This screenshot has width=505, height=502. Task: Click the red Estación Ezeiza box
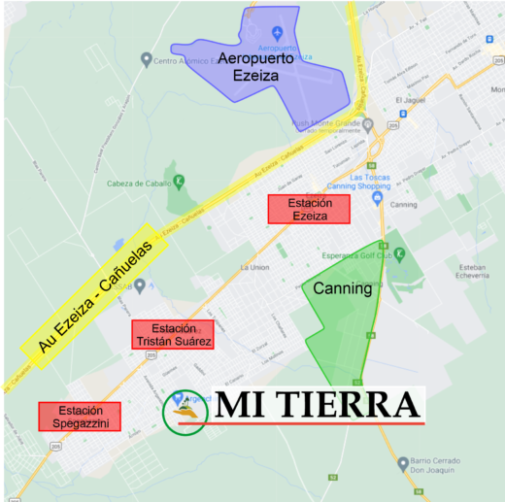[x=310, y=210]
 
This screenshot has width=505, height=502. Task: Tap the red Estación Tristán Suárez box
[x=173, y=334]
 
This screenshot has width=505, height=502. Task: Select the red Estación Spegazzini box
[x=80, y=417]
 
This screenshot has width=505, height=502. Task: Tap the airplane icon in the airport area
[x=277, y=35]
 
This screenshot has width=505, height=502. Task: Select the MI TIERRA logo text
[x=318, y=405]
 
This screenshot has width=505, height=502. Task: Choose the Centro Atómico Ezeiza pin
[x=147, y=60]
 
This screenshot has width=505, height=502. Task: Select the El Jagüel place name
[x=412, y=100]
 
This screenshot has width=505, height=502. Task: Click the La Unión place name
[x=253, y=267]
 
